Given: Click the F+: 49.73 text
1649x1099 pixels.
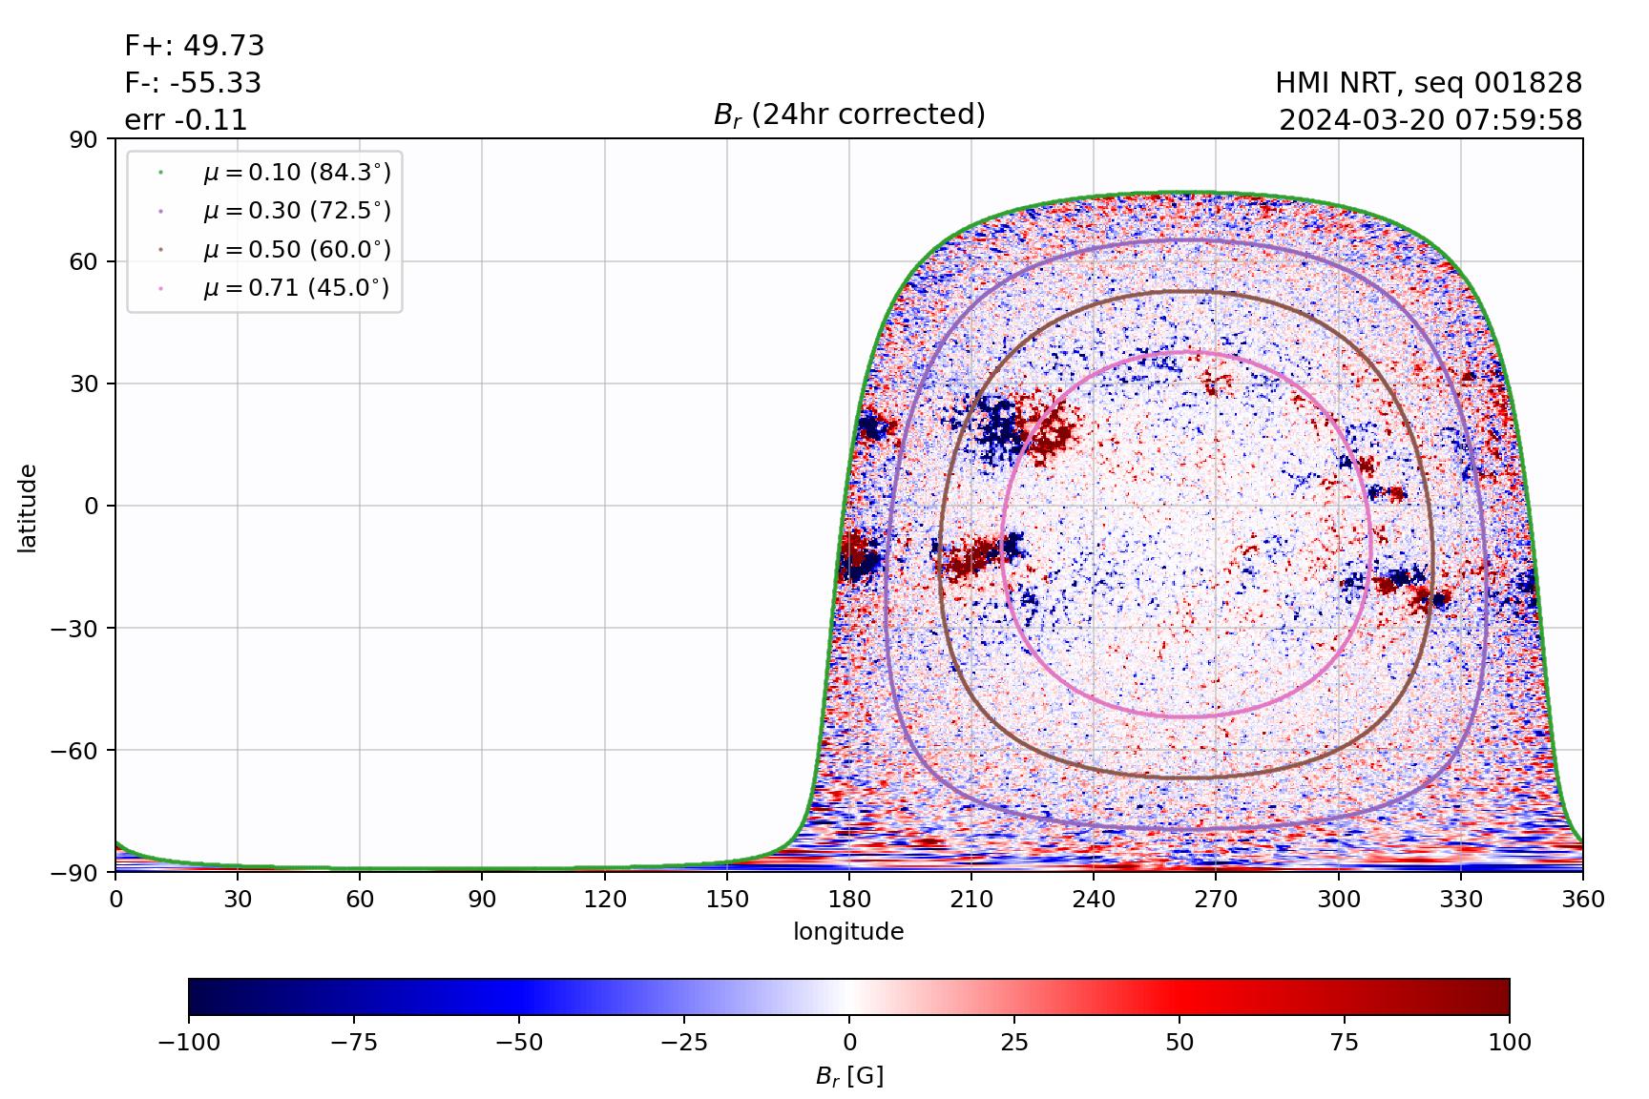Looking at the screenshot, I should tap(195, 46).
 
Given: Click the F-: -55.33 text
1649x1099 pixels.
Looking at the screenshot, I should tap(193, 83).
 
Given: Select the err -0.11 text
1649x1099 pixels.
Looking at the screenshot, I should tap(186, 120).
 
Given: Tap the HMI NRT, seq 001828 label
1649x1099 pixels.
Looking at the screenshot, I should tap(1429, 83).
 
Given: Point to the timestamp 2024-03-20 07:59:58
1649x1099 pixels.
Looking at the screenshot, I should tap(1430, 120).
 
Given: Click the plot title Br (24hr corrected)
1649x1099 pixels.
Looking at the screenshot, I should tap(848, 114).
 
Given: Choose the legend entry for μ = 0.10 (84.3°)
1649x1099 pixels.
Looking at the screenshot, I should tap(296, 173).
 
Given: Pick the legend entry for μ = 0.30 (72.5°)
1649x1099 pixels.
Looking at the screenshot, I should tap(296, 211).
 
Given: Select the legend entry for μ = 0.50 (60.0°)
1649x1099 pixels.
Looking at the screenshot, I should tap(296, 250).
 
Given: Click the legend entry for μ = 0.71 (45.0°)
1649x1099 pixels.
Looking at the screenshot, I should tap(296, 288).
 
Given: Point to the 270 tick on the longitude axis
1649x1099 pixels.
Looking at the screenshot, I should tap(1216, 900).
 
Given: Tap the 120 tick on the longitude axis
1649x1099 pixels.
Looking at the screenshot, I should tap(605, 900).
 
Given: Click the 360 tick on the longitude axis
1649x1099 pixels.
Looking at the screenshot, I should tap(1583, 900).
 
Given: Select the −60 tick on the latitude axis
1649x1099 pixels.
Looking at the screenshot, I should tap(81, 750).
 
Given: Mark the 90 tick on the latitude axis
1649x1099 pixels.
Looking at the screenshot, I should tap(89, 139).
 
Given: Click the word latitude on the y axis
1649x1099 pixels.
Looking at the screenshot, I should tap(28, 507).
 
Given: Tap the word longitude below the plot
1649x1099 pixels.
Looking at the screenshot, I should tap(848, 932).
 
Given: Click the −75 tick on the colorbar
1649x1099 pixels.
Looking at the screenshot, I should tap(353, 1043).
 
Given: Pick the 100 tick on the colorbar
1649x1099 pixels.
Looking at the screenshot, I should tap(1509, 1043).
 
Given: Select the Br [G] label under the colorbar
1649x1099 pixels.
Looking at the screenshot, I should tap(848, 1076).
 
